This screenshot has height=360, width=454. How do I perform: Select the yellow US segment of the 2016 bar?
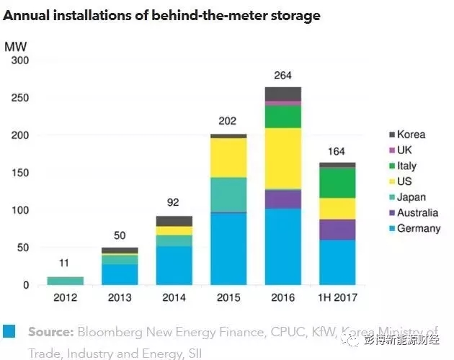pyautogui.click(x=282, y=158)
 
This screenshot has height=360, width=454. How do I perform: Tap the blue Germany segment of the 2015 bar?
pyautogui.click(x=228, y=248)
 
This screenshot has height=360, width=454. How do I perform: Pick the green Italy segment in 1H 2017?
pyautogui.click(x=337, y=182)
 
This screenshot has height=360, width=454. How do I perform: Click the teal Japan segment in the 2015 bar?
pyautogui.click(x=228, y=194)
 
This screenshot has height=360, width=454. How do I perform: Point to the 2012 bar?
pyautogui.click(x=66, y=281)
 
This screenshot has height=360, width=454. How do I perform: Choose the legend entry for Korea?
pyautogui.click(x=411, y=134)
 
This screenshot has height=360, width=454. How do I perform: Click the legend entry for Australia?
pyautogui.click(x=417, y=212)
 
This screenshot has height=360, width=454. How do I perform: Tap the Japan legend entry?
pyautogui.click(x=411, y=197)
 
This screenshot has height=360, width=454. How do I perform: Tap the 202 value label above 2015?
pyautogui.click(x=228, y=123)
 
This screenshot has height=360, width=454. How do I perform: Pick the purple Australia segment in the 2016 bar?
pyautogui.click(x=282, y=199)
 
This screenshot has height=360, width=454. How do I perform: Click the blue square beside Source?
pyautogui.click(x=10, y=331)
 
